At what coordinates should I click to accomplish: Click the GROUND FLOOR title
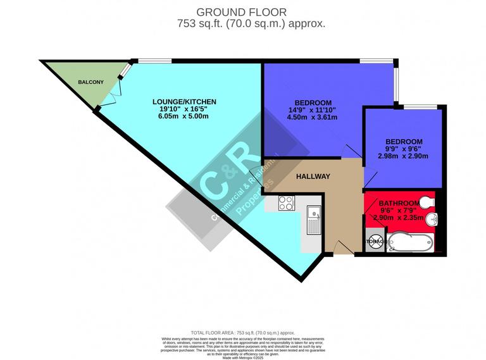coord(243,12)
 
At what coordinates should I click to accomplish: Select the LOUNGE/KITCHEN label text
coord(184,101)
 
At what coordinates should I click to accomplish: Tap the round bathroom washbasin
coord(430,221)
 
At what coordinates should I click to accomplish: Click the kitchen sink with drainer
coord(313,221)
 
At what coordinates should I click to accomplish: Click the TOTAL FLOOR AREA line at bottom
coord(243,332)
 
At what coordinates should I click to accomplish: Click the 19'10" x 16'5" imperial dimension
coord(184,109)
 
